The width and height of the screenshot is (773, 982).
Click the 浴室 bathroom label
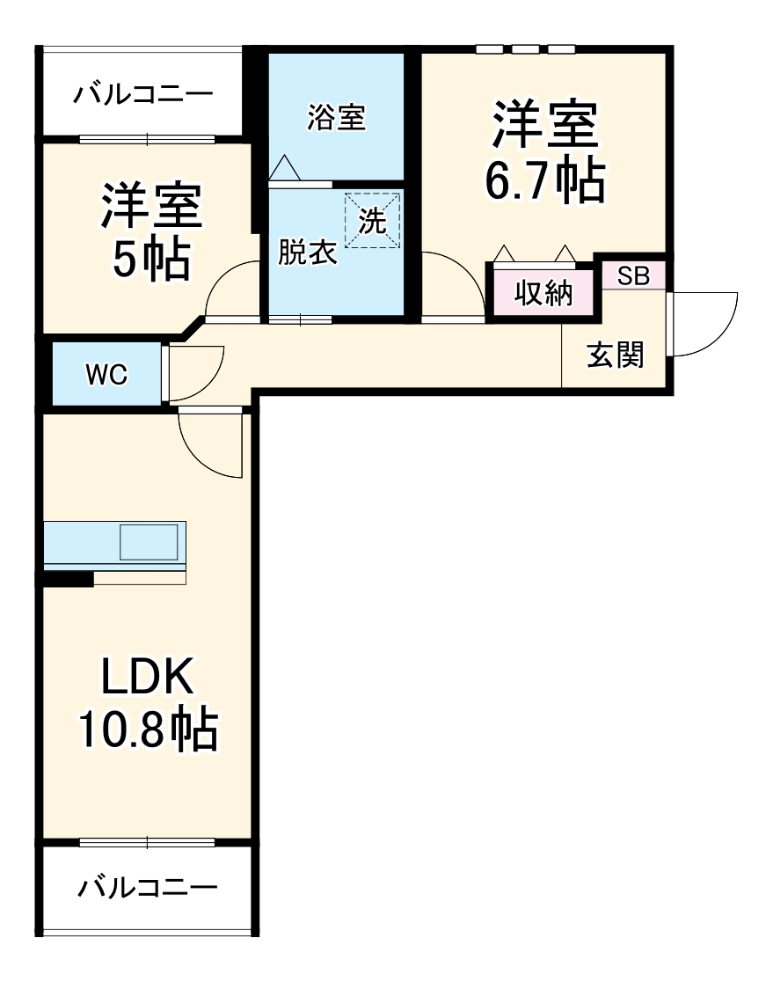point(336,118)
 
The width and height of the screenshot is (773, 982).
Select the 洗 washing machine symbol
point(372,222)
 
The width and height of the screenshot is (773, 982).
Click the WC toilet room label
point(106,375)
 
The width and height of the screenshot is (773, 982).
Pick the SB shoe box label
point(633,276)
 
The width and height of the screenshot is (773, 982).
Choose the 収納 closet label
point(543,294)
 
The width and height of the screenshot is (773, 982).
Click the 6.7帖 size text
point(545,181)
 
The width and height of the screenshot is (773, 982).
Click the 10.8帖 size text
point(147,729)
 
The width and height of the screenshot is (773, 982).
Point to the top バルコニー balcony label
point(142,94)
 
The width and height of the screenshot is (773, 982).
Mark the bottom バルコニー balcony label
point(147,888)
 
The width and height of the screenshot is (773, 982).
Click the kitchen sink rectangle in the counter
point(149,542)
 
